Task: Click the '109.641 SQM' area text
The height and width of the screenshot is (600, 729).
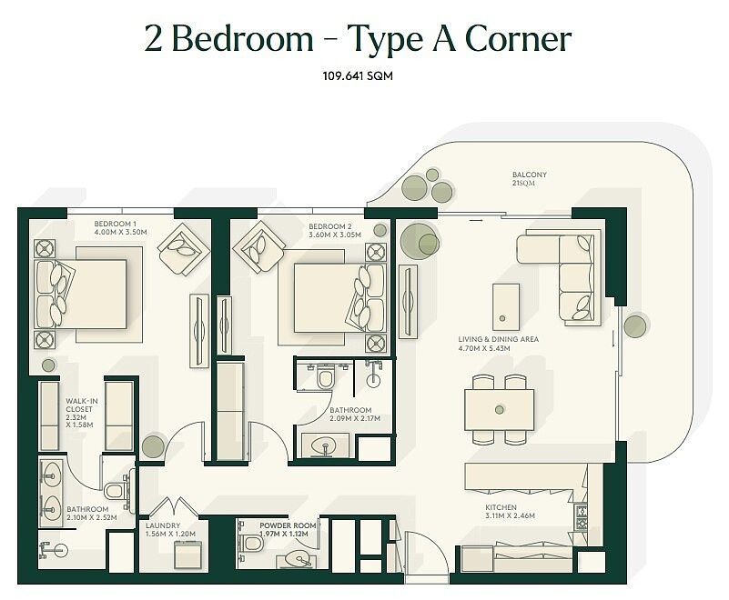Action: pyautogui.click(x=358, y=75)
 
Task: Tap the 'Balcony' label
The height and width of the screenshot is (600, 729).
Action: pyautogui.click(x=530, y=175)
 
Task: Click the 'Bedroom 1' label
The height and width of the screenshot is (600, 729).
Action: pyautogui.click(x=116, y=224)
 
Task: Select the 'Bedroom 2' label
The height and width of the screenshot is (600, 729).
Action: pyautogui.click(x=330, y=226)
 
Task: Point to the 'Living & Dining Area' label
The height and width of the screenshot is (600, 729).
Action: pyautogui.click(x=499, y=339)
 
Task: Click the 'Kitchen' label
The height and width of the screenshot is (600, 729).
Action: pyautogui.click(x=501, y=507)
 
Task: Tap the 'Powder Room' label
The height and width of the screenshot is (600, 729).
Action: pyautogui.click(x=288, y=525)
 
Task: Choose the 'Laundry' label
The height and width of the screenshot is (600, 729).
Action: pyautogui.click(x=163, y=525)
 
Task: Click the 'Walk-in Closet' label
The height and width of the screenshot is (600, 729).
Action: pyautogui.click(x=82, y=405)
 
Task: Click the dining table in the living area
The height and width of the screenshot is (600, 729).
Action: pyautogui.click(x=500, y=410)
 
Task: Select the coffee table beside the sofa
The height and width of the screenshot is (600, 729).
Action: pyautogui.click(x=506, y=307)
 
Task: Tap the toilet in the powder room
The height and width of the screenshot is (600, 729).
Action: pyautogui.click(x=251, y=543)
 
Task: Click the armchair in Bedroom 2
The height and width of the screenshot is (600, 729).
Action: pyautogui.click(x=259, y=246)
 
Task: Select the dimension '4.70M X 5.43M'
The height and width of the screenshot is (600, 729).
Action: pyautogui.click(x=484, y=348)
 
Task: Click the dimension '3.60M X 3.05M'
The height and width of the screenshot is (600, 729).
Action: pyautogui.click(x=335, y=235)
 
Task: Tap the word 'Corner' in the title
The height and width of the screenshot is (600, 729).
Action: pyautogui.click(x=518, y=39)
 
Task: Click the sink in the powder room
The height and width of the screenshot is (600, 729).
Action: pyautogui.click(x=298, y=559)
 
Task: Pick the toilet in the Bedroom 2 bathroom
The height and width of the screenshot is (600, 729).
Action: pyautogui.click(x=325, y=377)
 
